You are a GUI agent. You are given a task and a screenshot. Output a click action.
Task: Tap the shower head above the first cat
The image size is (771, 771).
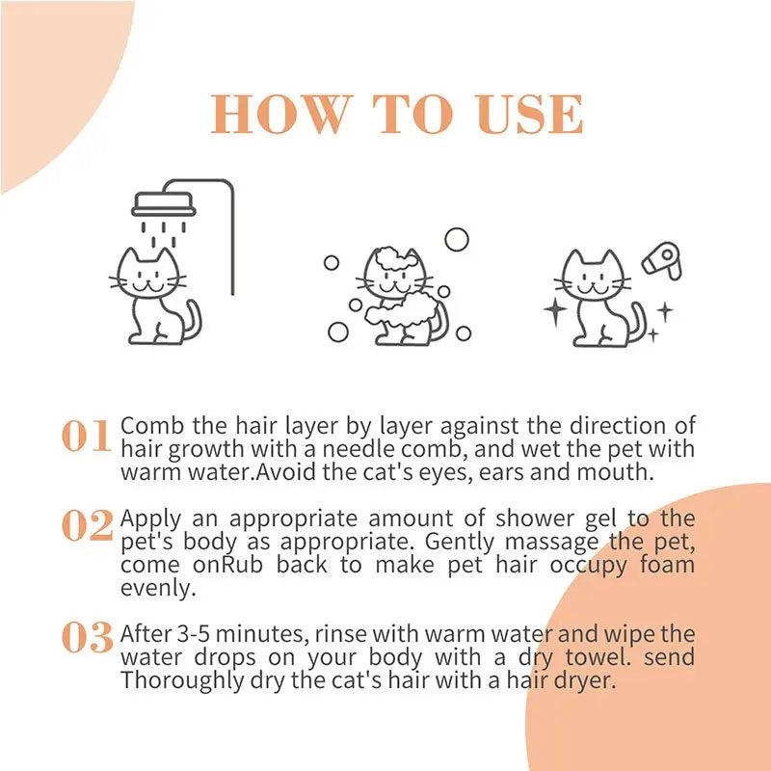tap(163, 203)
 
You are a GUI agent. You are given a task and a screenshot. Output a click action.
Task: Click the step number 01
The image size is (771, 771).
tap(87, 438)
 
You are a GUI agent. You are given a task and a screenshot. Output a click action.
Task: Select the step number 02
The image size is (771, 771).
tap(88, 526)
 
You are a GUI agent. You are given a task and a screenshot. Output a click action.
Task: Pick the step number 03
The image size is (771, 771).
tap(88, 637)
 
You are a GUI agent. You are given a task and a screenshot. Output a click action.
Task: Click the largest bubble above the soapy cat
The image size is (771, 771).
tap(456, 239)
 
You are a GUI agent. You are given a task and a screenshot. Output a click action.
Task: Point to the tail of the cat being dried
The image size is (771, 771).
tap(636, 320)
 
